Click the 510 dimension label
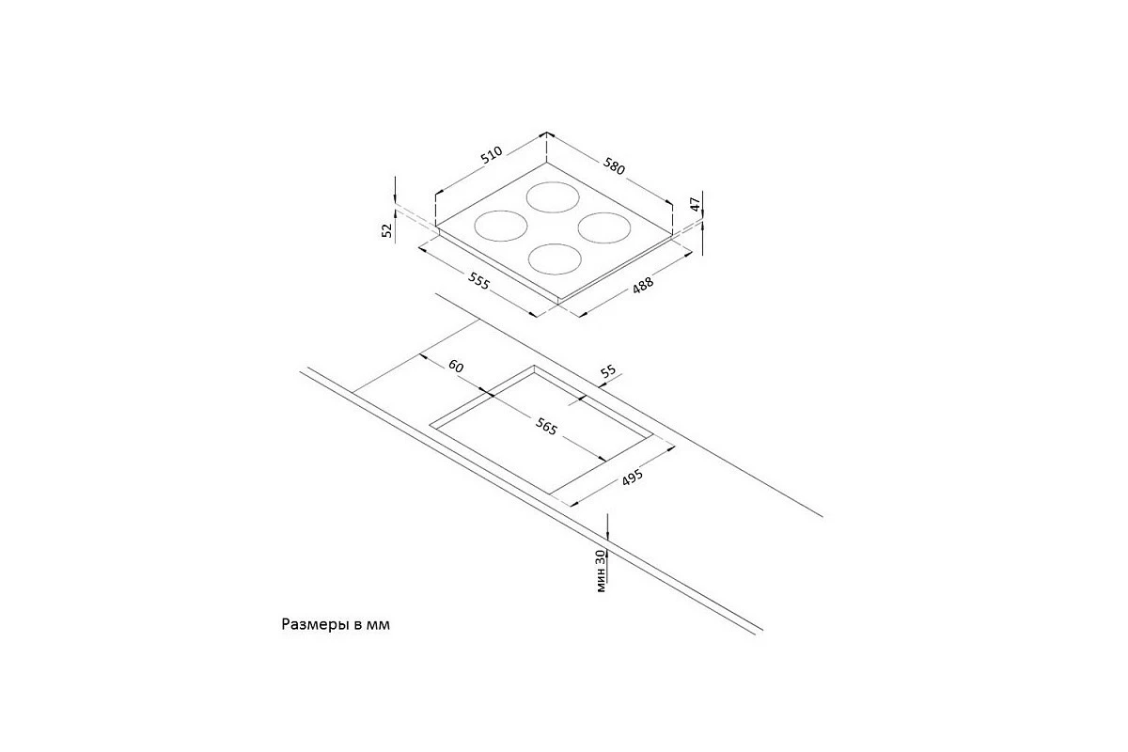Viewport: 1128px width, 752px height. point(491,155)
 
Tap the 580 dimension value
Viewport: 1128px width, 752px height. point(615,166)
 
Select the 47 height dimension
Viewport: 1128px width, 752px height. point(695,205)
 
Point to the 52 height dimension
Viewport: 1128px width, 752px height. point(386,230)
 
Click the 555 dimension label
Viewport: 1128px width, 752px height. point(478,280)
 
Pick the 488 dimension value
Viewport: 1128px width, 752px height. point(643,285)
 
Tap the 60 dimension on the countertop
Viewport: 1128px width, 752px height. point(456,367)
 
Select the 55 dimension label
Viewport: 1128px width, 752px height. point(608,371)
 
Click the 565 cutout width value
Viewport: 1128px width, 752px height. point(546,427)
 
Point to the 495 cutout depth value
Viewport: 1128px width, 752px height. point(632,478)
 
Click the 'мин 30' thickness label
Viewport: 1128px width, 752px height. point(601,571)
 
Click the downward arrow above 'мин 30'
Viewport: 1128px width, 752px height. point(608,526)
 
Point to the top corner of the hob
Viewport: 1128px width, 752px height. point(547,163)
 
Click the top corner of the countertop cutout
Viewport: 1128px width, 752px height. point(534,366)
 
